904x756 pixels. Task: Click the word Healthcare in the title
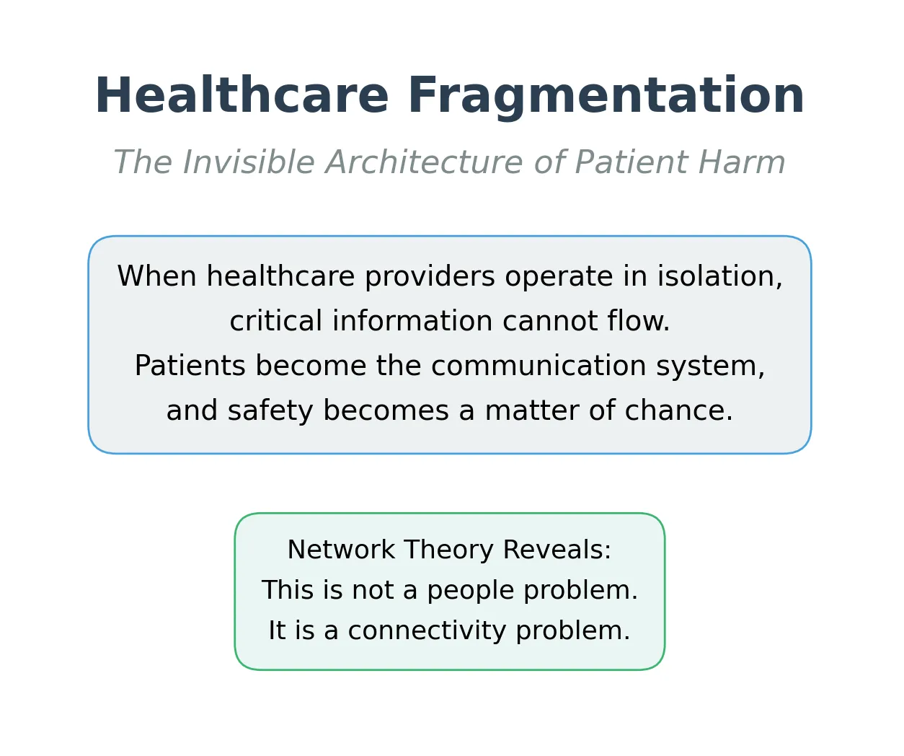pyautogui.click(x=241, y=96)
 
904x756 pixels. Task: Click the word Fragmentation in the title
pyautogui.click(x=606, y=96)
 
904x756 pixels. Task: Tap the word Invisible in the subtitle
pyautogui.click(x=247, y=162)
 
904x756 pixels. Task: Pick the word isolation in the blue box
pyautogui.click(x=719, y=277)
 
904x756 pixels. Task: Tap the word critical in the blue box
pyautogui.click(x=276, y=322)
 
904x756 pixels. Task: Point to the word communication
pyautogui.click(x=539, y=366)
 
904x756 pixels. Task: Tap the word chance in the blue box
pyautogui.click(x=678, y=411)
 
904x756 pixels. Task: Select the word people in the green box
pyautogui.click(x=466, y=591)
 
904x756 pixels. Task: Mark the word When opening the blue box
pyautogui.click(x=156, y=277)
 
